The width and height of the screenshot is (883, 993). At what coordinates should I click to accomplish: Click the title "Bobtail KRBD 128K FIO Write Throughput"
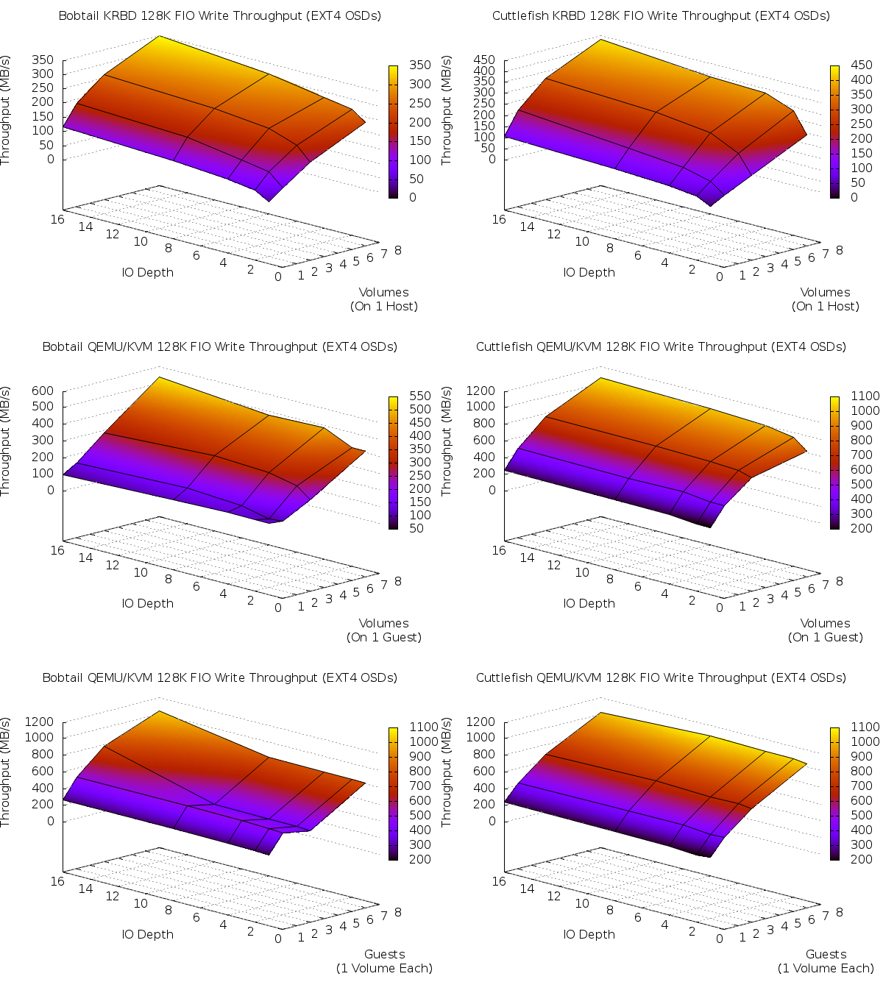[219, 15]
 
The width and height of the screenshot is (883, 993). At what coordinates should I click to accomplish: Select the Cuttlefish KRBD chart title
[661, 15]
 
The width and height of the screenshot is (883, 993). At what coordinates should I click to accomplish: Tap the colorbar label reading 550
[420, 396]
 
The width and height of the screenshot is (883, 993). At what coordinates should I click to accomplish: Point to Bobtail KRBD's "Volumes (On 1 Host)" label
[384, 299]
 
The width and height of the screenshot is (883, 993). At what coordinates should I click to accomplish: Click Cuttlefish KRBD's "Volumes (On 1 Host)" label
[826, 299]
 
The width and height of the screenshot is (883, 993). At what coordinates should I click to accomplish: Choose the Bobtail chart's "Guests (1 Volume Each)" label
[384, 961]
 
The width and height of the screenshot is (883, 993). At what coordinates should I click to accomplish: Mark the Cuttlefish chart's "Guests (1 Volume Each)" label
[826, 961]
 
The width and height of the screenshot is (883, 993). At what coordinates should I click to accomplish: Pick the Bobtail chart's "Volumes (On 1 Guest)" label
[384, 630]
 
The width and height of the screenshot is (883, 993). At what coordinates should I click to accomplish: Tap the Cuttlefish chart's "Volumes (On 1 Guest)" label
[826, 630]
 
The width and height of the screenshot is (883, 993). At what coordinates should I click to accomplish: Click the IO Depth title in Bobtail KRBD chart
[148, 272]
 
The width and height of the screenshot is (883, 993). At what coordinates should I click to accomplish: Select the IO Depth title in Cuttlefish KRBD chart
[589, 272]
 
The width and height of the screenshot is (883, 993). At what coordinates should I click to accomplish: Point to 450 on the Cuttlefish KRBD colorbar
[862, 65]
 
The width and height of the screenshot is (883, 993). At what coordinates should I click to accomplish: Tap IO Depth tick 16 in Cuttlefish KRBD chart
[499, 219]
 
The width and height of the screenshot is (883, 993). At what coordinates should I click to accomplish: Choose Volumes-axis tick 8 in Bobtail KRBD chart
[398, 250]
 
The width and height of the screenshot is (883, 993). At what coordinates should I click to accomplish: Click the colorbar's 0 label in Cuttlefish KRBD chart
[854, 197]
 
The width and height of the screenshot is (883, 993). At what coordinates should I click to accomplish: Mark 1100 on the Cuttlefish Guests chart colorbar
[865, 727]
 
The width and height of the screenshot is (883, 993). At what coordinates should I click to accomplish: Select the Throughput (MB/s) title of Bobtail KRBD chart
[6, 110]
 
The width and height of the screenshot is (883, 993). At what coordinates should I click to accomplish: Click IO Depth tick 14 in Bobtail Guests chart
[85, 889]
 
